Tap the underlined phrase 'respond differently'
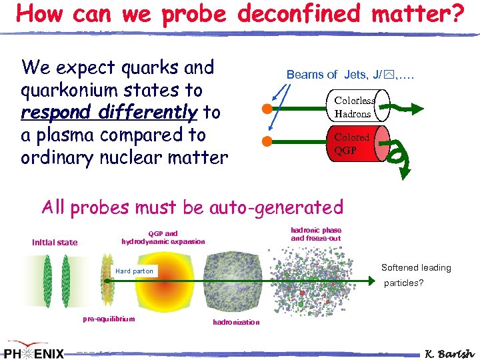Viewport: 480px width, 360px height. coord(109,113)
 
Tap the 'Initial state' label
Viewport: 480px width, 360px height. coord(55,243)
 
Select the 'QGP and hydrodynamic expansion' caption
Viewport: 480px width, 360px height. coord(163,237)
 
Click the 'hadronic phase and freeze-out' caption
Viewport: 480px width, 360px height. coord(316,234)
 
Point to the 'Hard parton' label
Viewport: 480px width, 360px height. coord(134,271)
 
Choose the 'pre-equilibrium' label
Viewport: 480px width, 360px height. coord(109,319)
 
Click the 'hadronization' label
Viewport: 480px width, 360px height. coord(236,322)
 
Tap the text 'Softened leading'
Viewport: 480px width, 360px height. coord(416,267)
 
